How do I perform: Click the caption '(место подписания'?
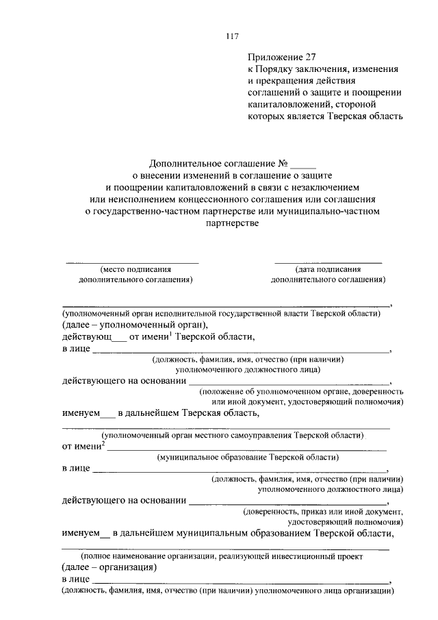click(x=135, y=269)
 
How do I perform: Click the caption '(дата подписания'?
click(x=328, y=269)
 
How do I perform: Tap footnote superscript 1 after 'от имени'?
click(x=172, y=334)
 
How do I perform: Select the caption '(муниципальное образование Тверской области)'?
click(x=247, y=457)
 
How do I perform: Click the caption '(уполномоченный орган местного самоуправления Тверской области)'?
click(x=232, y=436)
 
